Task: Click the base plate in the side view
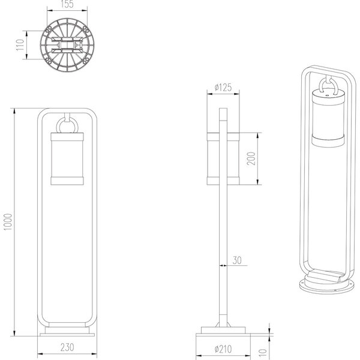pyautogui.click(x=223, y=332)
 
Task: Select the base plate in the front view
pyautogui.click(x=67, y=332)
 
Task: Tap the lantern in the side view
pyautogui.click(x=223, y=158)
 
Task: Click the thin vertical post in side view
pyautogui.click(x=223, y=252)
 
